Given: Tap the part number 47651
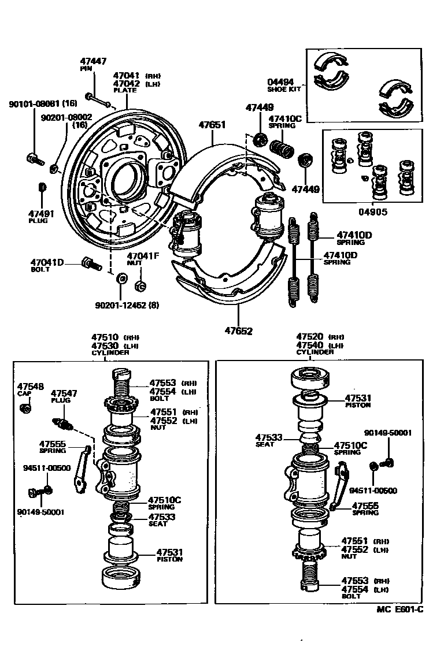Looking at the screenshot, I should (212, 124).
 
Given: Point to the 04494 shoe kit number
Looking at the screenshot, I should (280, 82).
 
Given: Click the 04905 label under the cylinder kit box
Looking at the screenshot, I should (373, 211).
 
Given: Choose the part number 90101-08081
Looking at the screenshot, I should (35, 104).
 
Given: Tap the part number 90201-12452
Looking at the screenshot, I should (120, 304).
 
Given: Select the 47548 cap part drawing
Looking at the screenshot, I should (25, 408).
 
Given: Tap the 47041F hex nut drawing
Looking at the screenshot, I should (139, 285).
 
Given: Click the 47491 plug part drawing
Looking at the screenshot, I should (41, 189).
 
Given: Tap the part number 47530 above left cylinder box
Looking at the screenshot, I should (105, 345).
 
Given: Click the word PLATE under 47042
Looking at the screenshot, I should (125, 90).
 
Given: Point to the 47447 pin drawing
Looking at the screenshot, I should (99, 100).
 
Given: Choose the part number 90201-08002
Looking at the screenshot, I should (66, 117).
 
